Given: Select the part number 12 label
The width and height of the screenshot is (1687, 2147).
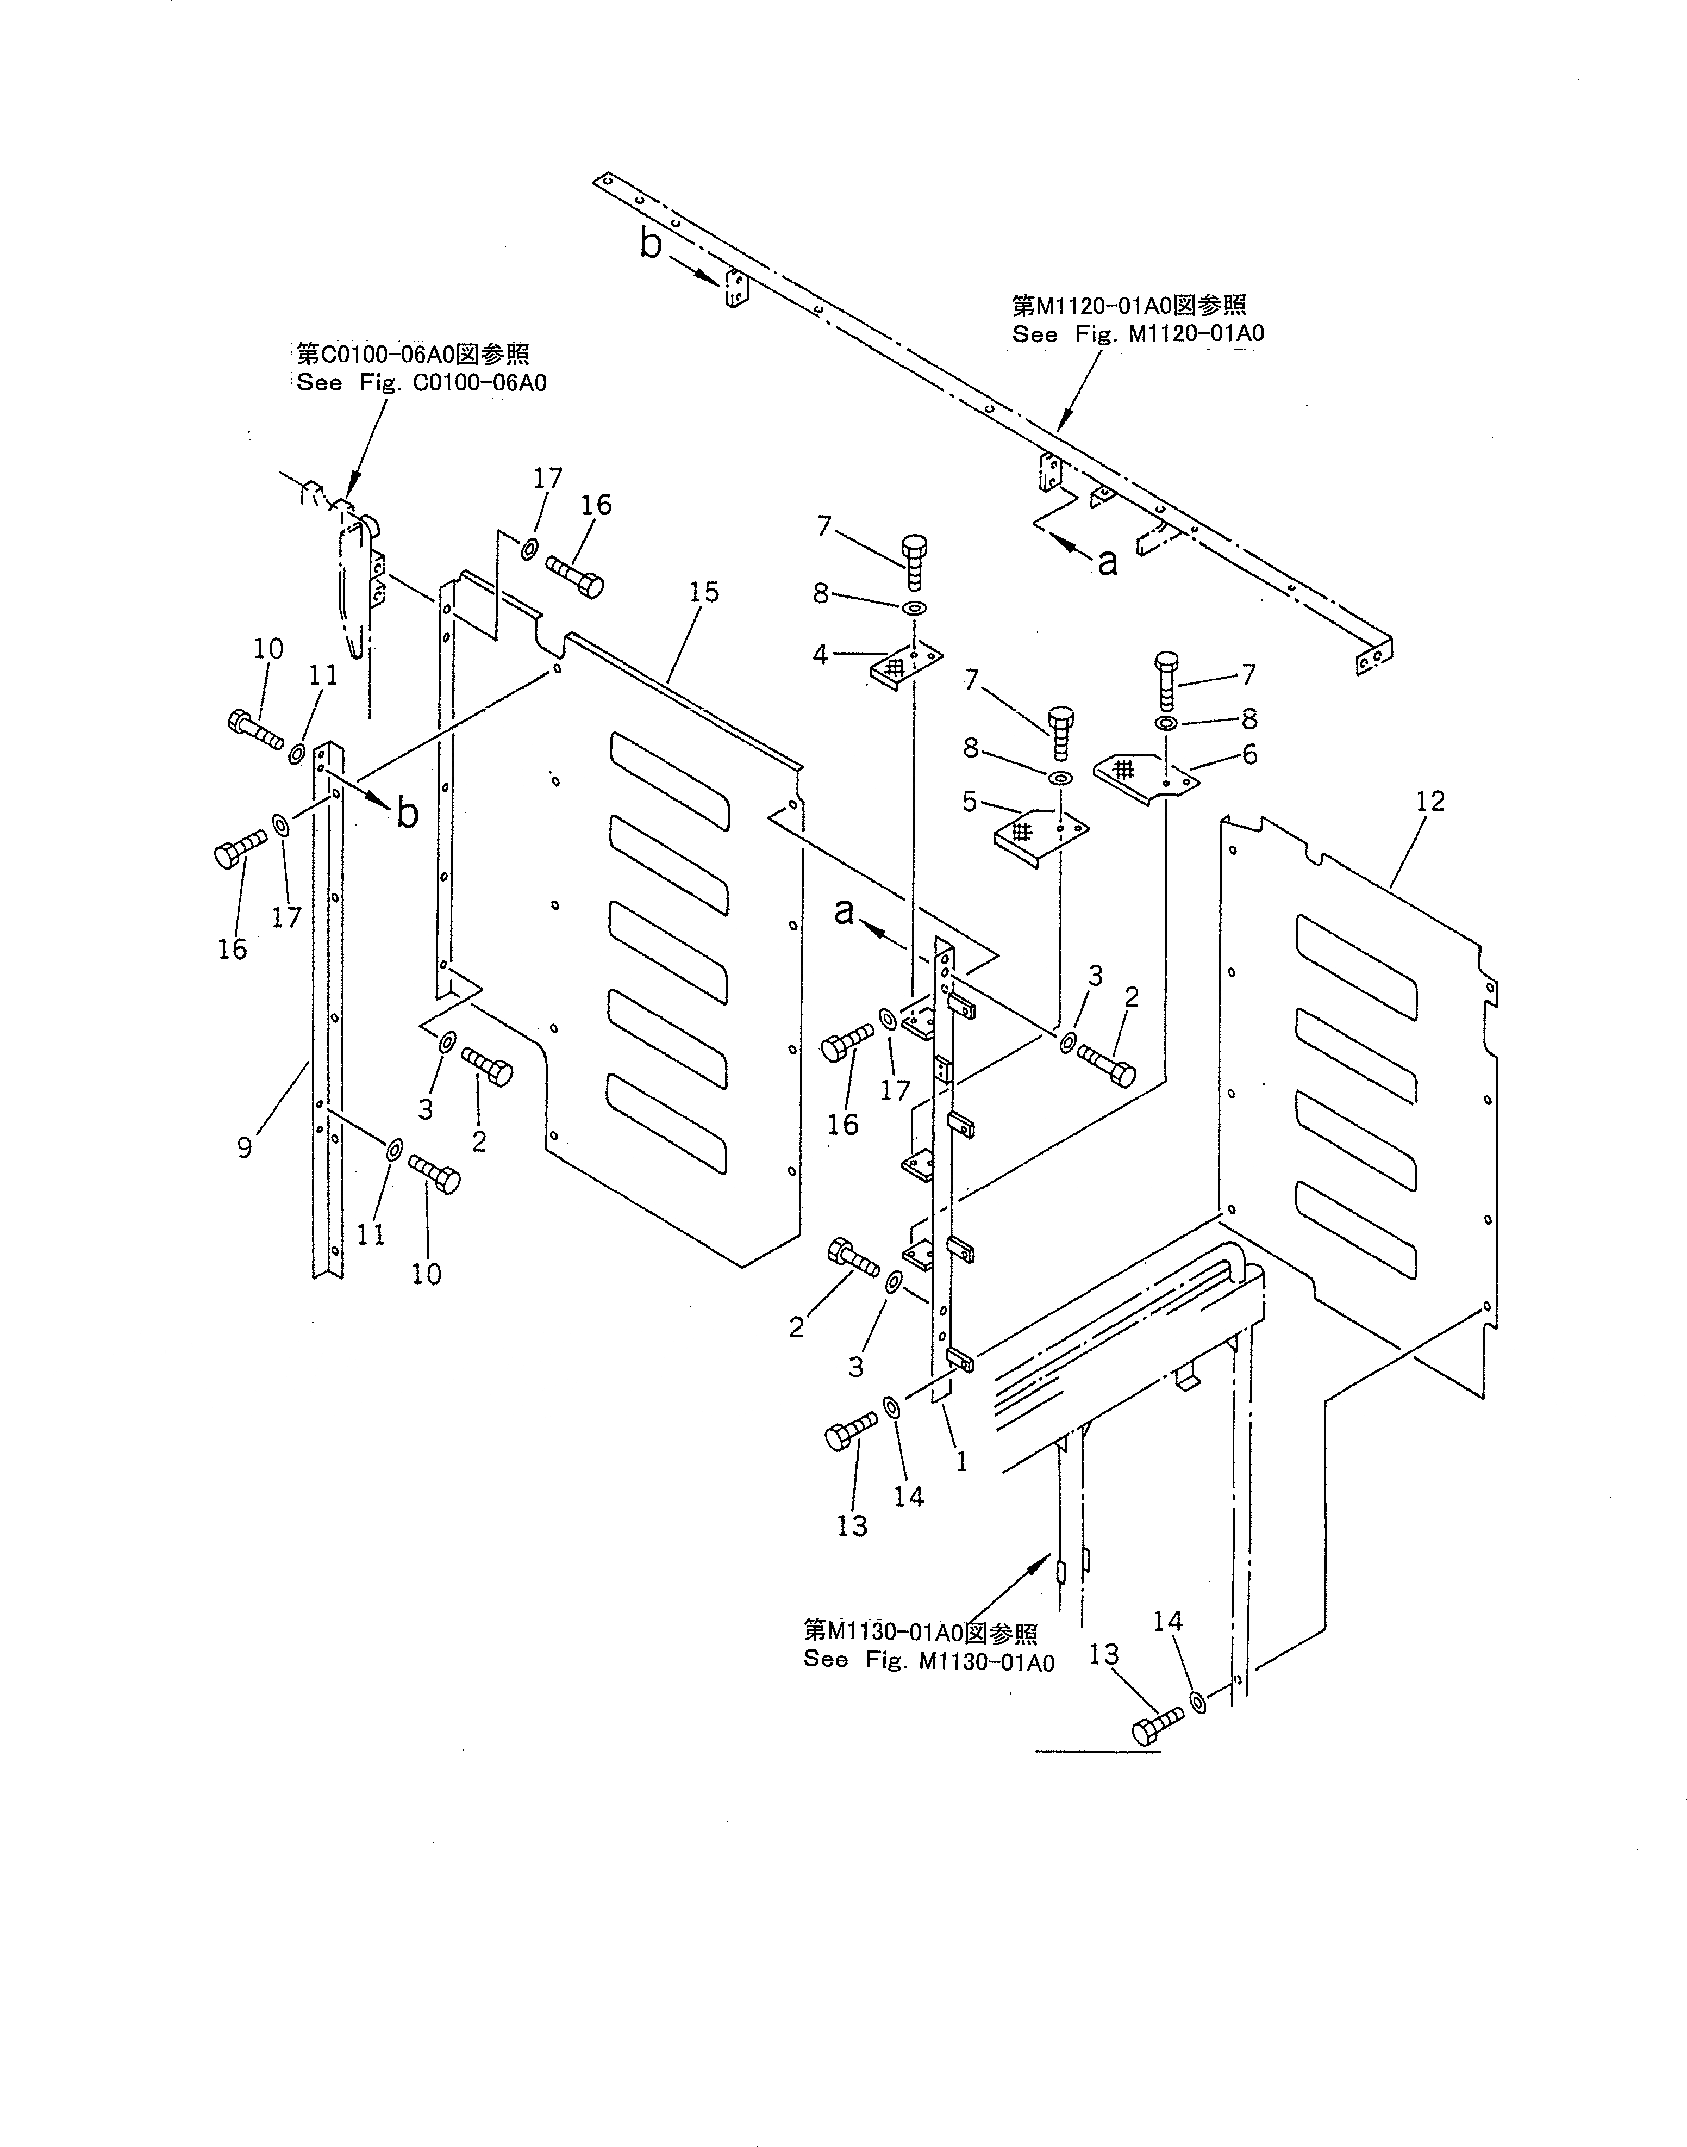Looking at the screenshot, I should (1429, 801).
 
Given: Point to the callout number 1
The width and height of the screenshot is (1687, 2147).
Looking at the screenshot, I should (961, 1461).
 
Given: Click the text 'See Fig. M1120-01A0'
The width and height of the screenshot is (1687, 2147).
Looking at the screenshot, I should (1138, 334).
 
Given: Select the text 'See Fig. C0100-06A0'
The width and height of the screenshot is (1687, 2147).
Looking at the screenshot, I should (422, 383).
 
